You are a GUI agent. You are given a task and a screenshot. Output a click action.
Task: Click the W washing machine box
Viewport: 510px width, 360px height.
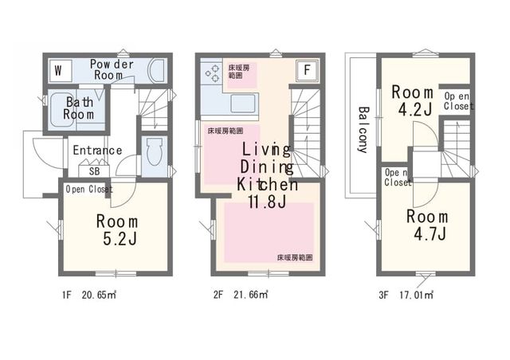click(x=60, y=71)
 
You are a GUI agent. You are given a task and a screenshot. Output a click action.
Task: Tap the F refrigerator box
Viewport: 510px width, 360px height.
click(x=307, y=70)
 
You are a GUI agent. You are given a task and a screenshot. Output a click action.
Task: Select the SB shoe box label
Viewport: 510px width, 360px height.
click(x=94, y=171)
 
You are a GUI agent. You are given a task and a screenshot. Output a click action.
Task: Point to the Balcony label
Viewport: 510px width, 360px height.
click(x=363, y=130)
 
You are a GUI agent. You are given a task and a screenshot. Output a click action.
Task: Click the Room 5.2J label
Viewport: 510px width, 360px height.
click(x=117, y=230)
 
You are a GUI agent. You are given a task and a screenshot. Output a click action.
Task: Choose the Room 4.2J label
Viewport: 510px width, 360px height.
click(x=413, y=101)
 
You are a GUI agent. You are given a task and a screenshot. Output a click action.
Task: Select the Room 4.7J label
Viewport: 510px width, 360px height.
click(x=427, y=225)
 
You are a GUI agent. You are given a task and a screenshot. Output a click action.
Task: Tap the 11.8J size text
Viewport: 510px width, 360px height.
click(x=267, y=202)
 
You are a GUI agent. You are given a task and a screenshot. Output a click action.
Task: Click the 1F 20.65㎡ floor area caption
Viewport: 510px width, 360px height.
click(x=89, y=295)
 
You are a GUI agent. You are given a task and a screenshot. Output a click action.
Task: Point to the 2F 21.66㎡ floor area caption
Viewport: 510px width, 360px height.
click(x=241, y=295)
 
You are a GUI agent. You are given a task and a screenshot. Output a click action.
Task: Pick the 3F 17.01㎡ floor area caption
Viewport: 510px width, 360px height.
click(x=406, y=295)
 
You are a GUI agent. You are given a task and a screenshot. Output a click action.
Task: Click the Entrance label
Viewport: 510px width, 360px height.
click(x=97, y=151)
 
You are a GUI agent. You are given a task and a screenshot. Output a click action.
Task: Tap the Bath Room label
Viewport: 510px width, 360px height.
click(x=79, y=108)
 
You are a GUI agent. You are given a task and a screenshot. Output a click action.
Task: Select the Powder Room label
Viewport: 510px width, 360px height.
click(x=112, y=69)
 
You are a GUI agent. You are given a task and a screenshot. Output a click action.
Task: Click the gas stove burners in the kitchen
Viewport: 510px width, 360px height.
click(x=212, y=73)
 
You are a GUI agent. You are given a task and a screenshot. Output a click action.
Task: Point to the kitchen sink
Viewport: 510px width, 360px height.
click(x=244, y=104)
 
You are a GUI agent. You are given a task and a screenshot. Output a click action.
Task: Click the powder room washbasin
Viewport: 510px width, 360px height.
click(x=157, y=71)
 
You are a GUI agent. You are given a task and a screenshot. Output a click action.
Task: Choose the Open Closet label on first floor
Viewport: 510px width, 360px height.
click(x=89, y=189)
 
